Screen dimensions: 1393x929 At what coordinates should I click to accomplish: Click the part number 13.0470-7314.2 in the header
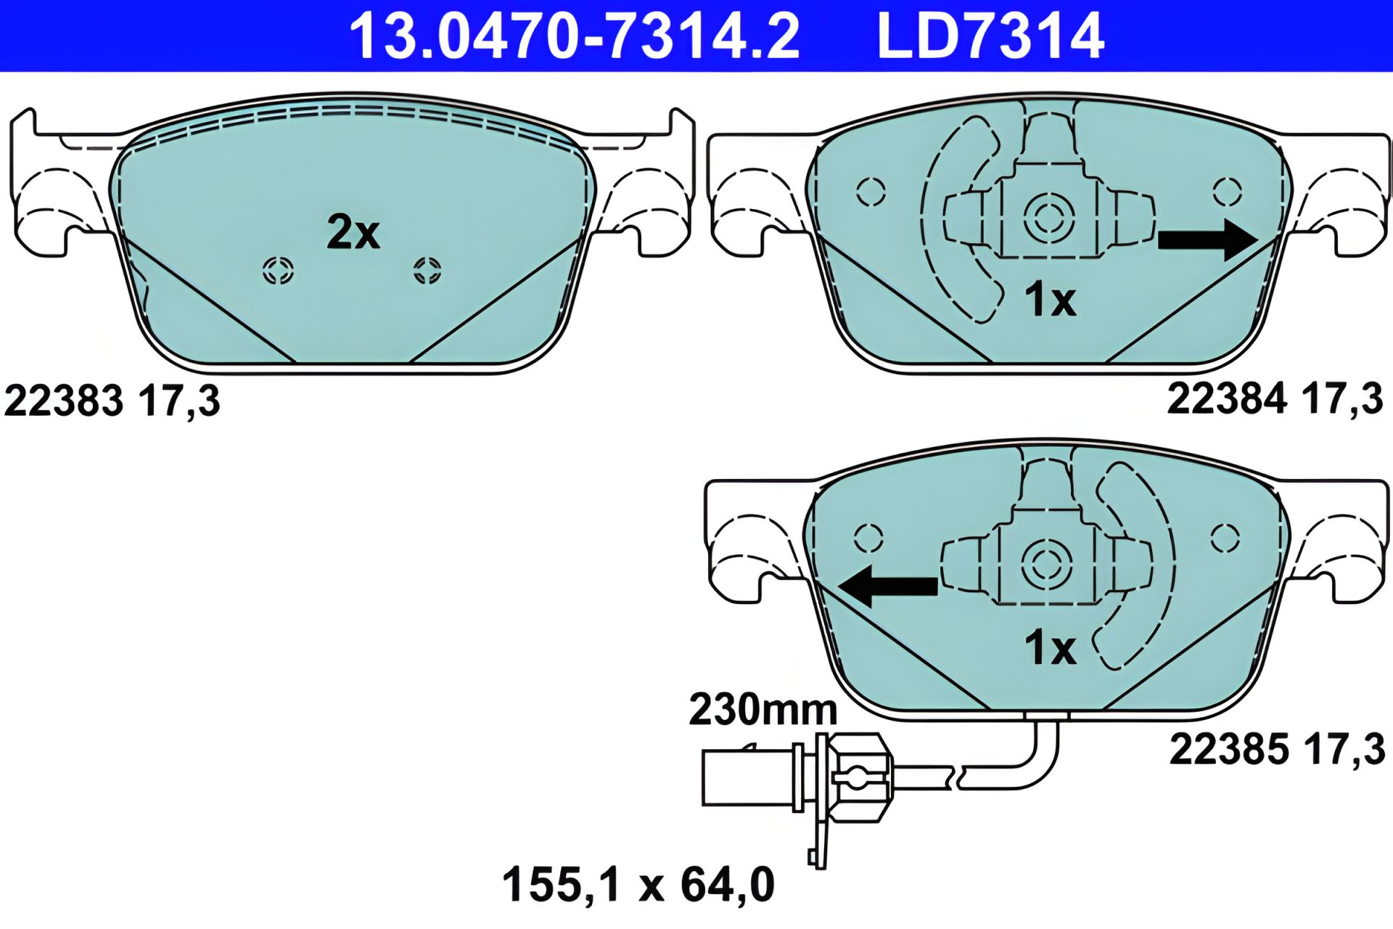point(575,36)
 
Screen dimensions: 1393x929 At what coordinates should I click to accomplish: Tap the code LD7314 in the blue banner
point(990,36)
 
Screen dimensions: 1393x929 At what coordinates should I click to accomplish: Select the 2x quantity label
point(353,232)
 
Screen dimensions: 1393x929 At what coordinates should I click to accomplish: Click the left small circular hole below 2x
point(278,271)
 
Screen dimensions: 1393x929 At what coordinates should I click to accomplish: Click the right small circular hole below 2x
point(427,271)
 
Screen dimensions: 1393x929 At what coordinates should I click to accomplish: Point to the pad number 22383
point(64,401)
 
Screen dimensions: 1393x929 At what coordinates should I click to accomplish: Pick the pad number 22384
point(1227,398)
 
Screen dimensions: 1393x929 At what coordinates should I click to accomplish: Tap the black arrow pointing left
point(887,586)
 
